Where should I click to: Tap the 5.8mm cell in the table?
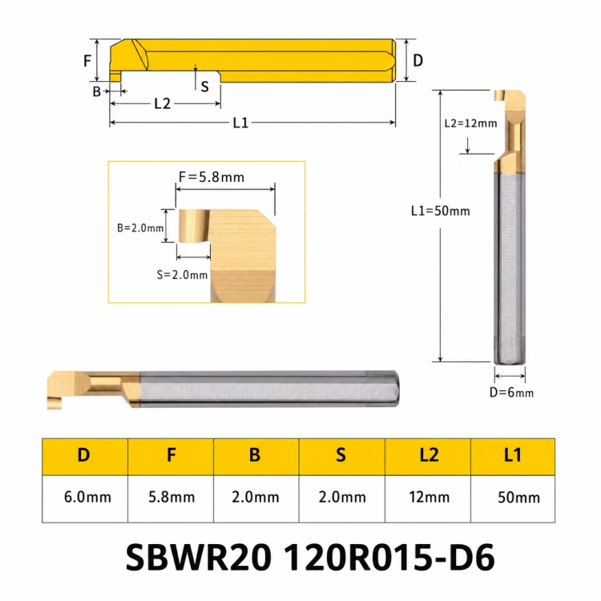click(x=171, y=498)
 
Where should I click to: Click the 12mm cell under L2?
click(x=428, y=498)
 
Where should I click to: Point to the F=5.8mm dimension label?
click(x=212, y=177)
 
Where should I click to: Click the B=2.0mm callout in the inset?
click(x=140, y=228)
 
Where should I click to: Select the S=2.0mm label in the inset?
click(x=182, y=275)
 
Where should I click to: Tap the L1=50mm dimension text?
click(x=441, y=211)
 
